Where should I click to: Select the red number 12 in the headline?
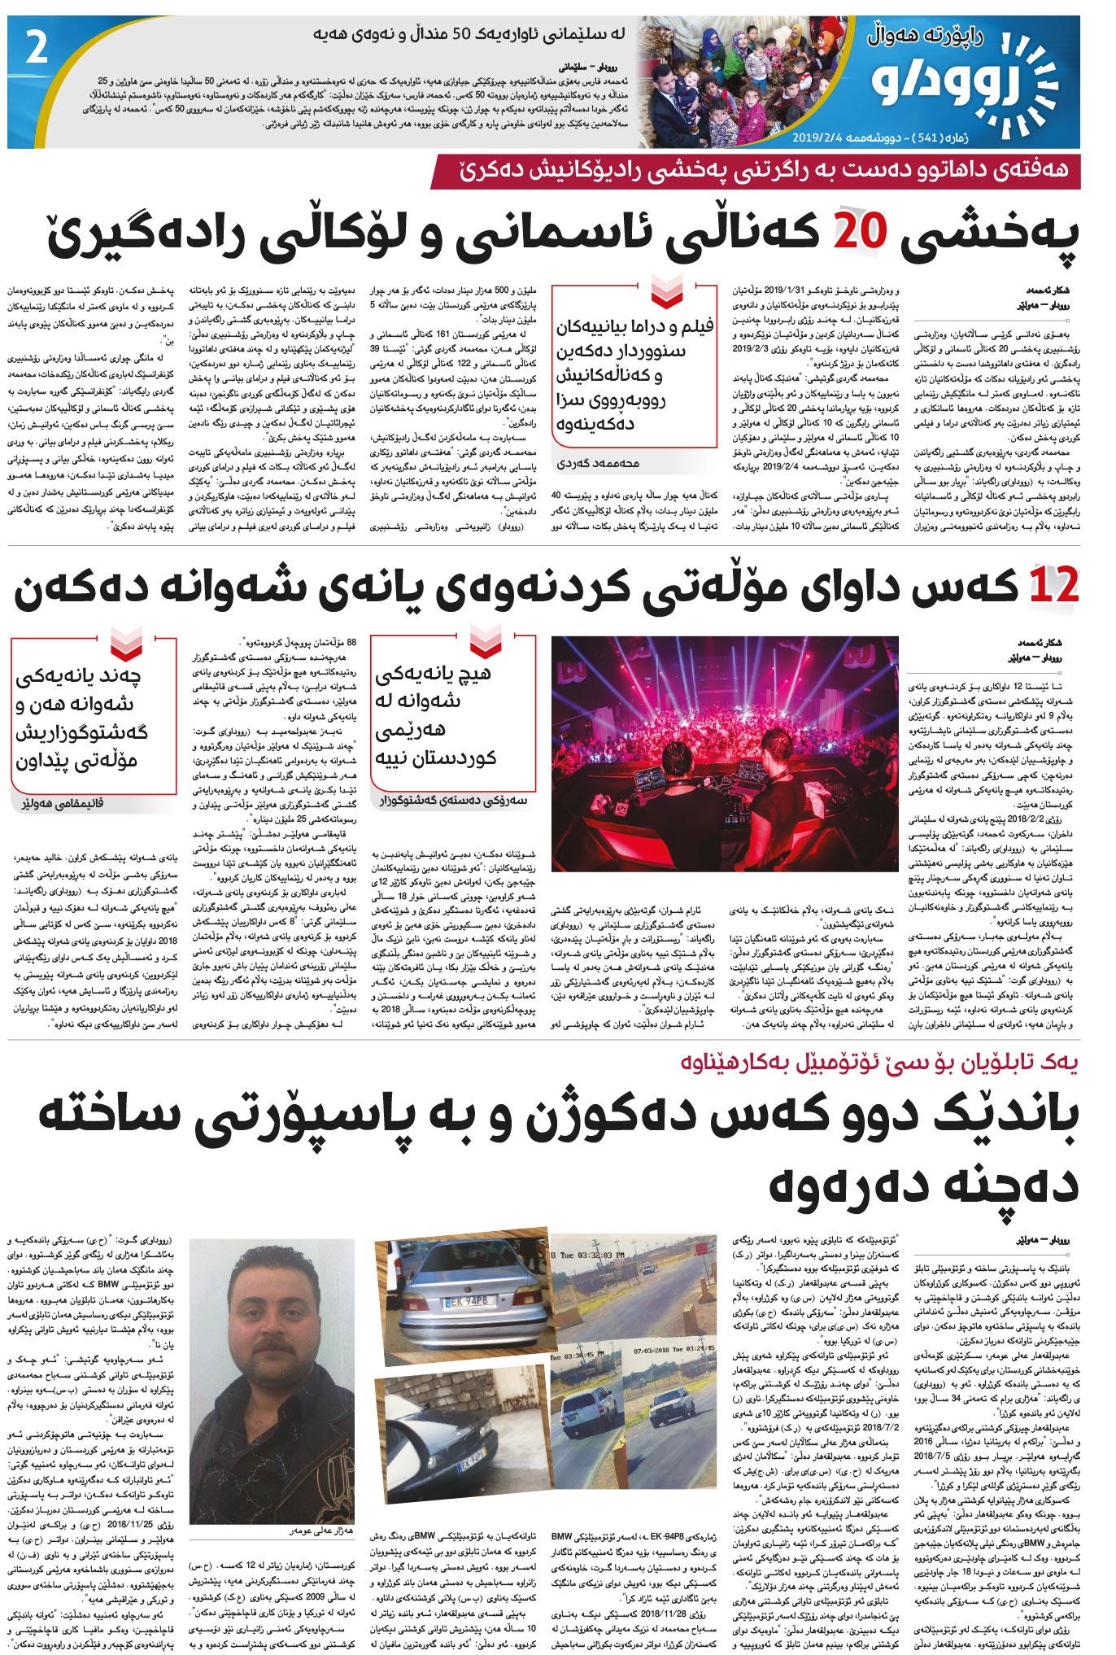1053,587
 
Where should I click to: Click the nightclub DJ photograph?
724,753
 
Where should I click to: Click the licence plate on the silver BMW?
466,1302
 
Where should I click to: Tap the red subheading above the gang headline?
879,1063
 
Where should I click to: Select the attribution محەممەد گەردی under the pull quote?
598,463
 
